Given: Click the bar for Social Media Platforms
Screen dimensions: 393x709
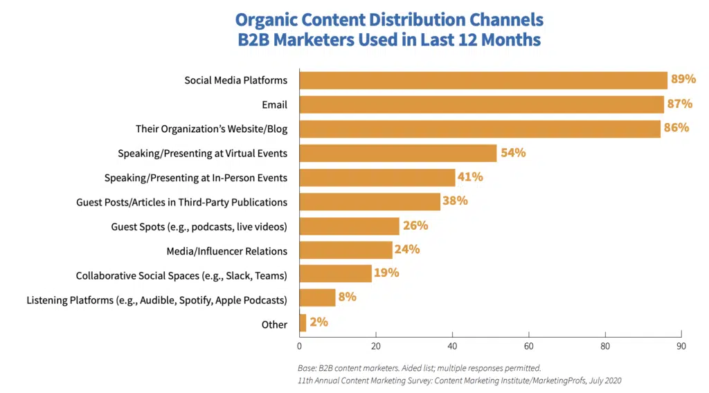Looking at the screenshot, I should [x=483, y=80].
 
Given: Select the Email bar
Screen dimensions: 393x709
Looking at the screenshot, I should [x=481, y=104].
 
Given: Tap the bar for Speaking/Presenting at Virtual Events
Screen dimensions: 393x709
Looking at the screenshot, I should [x=398, y=153].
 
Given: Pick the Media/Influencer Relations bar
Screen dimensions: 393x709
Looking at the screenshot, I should [x=346, y=250].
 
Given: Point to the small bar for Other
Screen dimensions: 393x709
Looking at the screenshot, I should [x=303, y=322].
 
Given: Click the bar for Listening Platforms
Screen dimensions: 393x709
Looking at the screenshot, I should [x=317, y=298].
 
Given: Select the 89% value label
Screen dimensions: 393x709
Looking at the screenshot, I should [x=683, y=79].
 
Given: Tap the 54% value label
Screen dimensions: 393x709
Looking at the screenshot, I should [x=513, y=153].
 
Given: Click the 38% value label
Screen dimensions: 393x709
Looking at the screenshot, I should [x=456, y=201].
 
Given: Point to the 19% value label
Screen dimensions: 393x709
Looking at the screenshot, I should [x=386, y=273].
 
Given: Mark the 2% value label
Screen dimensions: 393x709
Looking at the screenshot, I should [x=319, y=322].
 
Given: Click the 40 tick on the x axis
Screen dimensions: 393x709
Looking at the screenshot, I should [x=452, y=346].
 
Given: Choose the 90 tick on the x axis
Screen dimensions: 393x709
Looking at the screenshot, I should [x=681, y=346].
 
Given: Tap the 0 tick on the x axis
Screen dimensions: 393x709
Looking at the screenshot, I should [x=300, y=346].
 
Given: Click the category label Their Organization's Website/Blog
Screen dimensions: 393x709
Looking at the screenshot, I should [x=211, y=129].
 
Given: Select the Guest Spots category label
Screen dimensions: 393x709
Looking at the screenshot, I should [x=199, y=226].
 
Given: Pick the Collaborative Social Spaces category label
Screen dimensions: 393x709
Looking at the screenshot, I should [x=181, y=275].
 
